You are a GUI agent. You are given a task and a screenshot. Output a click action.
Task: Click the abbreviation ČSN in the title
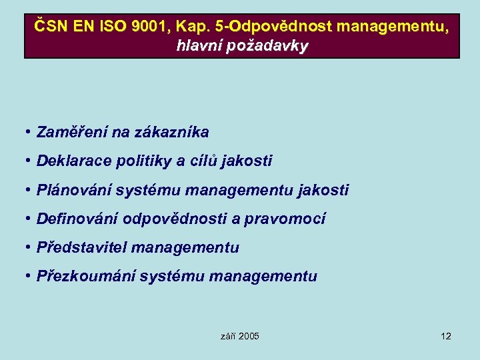pyautogui.click(x=50, y=27)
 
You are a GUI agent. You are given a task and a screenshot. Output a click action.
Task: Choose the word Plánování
pyautogui.click(x=74, y=190)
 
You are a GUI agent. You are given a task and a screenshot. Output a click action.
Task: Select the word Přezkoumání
pyautogui.click(x=86, y=276)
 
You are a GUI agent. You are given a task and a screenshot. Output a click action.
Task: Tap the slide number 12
pyautogui.click(x=446, y=336)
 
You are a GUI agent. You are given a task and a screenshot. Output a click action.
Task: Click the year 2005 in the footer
pyautogui.click(x=249, y=336)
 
